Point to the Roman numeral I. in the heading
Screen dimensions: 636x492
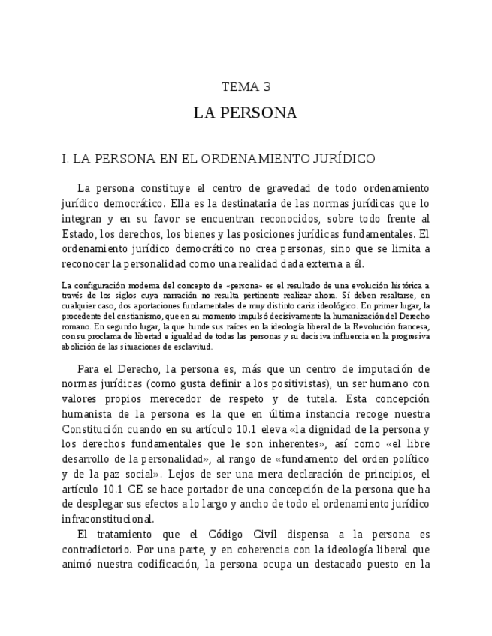click(65, 159)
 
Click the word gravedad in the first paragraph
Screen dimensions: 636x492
click(273, 188)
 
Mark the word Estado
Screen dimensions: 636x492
click(78, 233)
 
